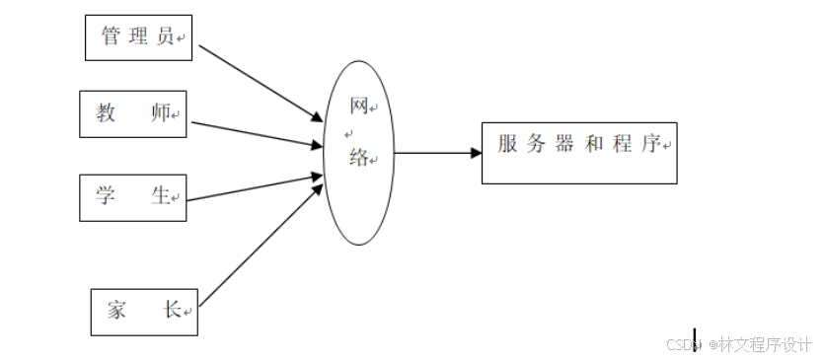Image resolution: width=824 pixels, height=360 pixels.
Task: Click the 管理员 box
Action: [138, 37]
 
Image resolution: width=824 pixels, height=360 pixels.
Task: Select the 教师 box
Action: [133, 113]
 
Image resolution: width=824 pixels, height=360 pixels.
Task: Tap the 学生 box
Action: [133, 196]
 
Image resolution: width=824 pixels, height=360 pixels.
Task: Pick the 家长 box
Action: [144, 311]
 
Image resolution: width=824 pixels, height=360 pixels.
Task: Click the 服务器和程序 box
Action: [579, 153]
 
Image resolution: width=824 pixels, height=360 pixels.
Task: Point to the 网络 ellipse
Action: [359, 153]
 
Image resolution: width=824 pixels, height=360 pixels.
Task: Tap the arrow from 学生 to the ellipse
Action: [255, 188]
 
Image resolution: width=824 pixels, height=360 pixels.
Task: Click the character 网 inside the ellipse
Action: [359, 107]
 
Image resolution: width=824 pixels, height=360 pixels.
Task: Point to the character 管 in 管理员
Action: [111, 37]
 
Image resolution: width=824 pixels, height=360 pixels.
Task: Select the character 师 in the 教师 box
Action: [160, 112]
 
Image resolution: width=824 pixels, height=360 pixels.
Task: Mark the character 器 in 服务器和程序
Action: [564, 144]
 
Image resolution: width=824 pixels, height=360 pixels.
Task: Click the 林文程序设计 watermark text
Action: [764, 344]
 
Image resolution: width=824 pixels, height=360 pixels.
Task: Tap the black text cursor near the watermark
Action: [695, 340]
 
